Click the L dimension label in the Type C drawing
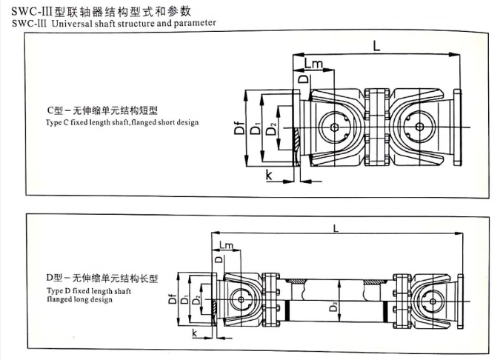pyautogui.click(x=376, y=46)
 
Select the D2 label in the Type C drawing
pyautogui.click(x=271, y=131)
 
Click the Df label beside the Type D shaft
pyautogui.click(x=171, y=300)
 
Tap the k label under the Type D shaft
pyautogui.click(x=194, y=335)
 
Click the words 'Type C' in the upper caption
pyautogui.click(x=56, y=121)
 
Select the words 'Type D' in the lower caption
pyautogui.click(x=56, y=292)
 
